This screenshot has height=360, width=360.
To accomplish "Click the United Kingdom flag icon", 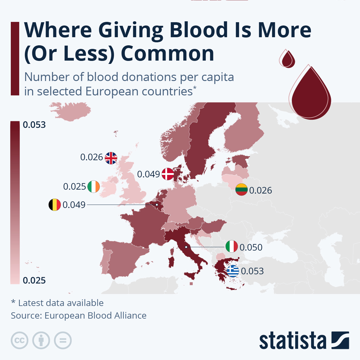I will (x=111, y=158).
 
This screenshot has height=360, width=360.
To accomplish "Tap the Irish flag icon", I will (x=94, y=187).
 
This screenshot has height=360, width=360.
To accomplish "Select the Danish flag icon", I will (x=168, y=174).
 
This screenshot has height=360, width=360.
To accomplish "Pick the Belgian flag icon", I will (x=55, y=205).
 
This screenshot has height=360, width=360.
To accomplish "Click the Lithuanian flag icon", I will (x=241, y=190).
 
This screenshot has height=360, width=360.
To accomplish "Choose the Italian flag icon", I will (x=232, y=247).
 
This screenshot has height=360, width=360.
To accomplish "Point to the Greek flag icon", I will (x=233, y=271).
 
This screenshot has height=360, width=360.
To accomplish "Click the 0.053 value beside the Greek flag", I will (x=252, y=271).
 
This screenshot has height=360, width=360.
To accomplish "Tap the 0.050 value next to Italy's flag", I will (x=251, y=247).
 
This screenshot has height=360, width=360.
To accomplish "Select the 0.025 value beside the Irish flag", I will (x=74, y=187).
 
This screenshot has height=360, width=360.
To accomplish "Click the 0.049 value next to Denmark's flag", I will (x=148, y=174).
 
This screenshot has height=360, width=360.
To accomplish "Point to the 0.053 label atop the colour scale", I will (x=34, y=125).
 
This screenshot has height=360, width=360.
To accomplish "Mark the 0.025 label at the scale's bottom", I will (x=34, y=280).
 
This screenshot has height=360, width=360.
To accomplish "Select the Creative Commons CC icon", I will (x=19, y=340).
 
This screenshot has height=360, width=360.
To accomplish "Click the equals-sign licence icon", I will (x=63, y=340).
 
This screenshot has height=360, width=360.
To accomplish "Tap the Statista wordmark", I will (x=292, y=340).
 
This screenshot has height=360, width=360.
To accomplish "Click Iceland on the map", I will (x=70, y=112).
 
